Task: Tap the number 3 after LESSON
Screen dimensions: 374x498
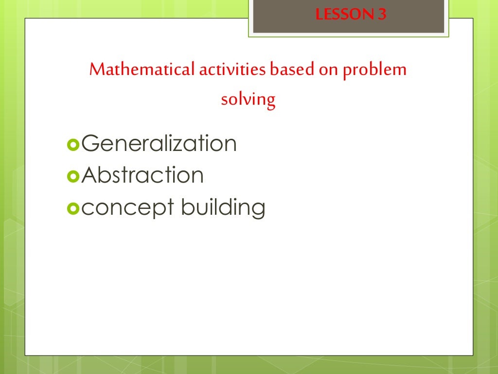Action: click(382, 15)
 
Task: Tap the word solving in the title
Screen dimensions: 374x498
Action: click(248, 100)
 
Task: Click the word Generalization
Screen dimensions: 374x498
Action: click(159, 144)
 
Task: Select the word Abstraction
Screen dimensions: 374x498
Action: click(142, 175)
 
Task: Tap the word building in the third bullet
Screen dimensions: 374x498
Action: click(223, 208)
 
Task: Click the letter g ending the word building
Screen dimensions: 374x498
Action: click(258, 210)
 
